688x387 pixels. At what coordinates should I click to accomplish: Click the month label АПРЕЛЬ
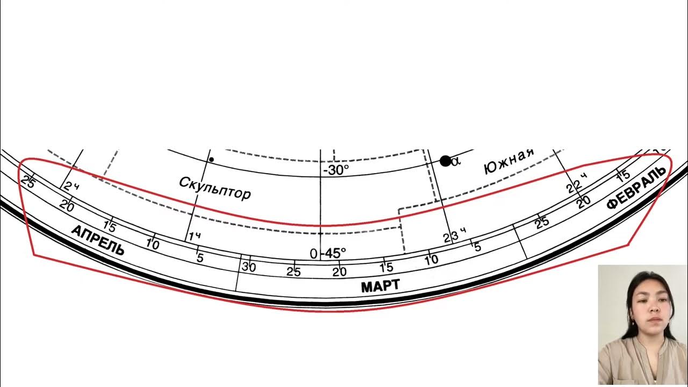point(98,240)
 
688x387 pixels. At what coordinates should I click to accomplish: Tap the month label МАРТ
point(380,286)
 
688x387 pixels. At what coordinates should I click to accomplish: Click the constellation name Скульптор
point(214,188)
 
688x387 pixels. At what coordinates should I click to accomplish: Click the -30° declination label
point(336,170)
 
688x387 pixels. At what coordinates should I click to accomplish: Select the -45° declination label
point(333,253)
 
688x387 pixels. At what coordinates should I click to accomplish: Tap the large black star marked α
point(445,161)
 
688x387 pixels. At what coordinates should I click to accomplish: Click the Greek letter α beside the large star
point(456,161)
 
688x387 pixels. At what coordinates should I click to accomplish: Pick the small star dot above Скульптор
point(211,160)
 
